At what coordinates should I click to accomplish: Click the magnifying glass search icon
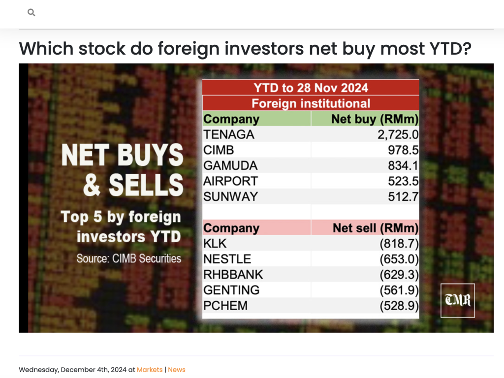coord(31,12)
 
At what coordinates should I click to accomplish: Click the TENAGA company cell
coord(228,134)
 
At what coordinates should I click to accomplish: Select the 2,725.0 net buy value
coord(398,134)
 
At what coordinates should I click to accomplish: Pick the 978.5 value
coord(403,150)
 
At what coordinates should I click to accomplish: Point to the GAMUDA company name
coord(230,165)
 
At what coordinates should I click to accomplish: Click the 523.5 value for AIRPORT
coord(403,181)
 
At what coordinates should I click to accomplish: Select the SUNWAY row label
coord(230,196)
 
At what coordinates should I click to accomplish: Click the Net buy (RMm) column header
coord(375,119)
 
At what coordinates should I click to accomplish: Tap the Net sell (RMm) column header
coord(376,228)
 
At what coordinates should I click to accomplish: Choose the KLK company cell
coord(215,244)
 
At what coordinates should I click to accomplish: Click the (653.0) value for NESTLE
coord(399,259)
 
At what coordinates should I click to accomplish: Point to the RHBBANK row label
coord(233,275)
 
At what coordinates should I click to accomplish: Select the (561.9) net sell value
coord(399,290)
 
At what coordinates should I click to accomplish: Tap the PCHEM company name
coord(225,306)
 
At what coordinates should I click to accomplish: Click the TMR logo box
coord(457,301)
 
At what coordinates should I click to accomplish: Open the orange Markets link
coord(150,370)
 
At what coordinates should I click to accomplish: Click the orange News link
coord(177,370)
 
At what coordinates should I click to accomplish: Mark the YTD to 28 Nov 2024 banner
coord(311,88)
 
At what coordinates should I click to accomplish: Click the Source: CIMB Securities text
coord(128,258)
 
